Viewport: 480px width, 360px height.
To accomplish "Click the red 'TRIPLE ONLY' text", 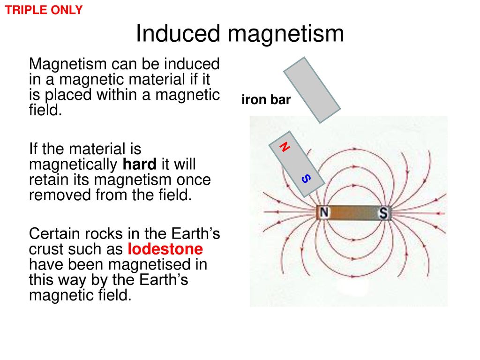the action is [44, 10].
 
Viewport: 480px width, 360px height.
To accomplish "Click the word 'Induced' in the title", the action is [178, 33].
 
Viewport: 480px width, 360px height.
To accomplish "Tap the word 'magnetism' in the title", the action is [285, 34].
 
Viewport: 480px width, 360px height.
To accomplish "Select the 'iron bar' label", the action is [266, 99].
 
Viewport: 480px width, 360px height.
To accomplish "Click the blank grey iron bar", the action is [312, 90].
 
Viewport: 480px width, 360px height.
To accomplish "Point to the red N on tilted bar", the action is [285, 147].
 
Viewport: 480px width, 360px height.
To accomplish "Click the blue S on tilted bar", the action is [306, 179].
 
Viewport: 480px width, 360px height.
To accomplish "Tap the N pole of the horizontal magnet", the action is [324, 212].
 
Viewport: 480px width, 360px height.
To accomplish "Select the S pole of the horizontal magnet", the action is [383, 212].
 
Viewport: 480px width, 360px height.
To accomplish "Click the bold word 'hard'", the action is [140, 164].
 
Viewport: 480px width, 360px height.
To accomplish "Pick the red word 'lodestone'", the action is [165, 249].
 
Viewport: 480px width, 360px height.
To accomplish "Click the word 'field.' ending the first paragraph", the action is [45, 110].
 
